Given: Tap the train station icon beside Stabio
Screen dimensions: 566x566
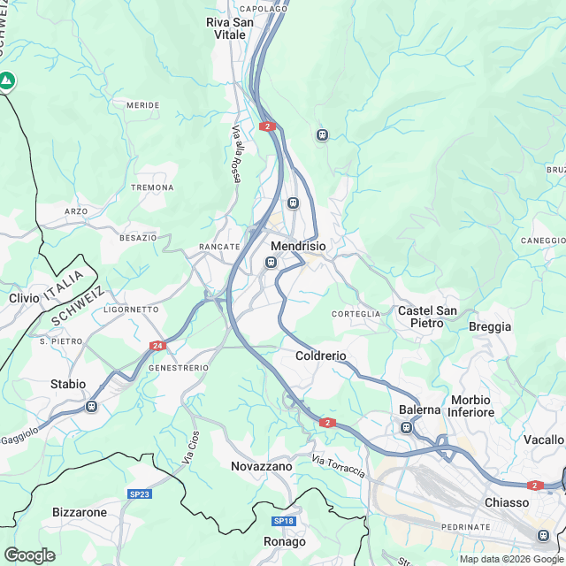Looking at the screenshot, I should (91, 406).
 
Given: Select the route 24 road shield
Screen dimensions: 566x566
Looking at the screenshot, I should (157, 346).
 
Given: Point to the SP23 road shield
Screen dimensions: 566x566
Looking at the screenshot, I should (139, 493).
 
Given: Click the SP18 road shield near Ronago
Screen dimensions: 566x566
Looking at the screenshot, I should (283, 521).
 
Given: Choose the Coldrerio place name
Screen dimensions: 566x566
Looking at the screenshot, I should (320, 356).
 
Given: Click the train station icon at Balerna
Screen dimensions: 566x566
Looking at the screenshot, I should (406, 428).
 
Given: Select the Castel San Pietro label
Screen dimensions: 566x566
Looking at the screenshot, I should (427, 317).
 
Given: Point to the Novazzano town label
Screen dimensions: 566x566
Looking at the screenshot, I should (261, 465).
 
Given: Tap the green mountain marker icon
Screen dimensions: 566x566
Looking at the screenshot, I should (7, 81).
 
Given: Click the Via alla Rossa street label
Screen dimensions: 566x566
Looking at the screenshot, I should (236, 153).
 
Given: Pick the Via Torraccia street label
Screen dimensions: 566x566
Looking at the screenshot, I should (339, 465).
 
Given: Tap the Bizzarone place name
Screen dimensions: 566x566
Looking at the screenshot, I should (80, 512).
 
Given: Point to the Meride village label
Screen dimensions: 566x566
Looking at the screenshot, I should (143, 105).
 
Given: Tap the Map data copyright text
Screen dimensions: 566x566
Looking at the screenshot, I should (510, 558).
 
